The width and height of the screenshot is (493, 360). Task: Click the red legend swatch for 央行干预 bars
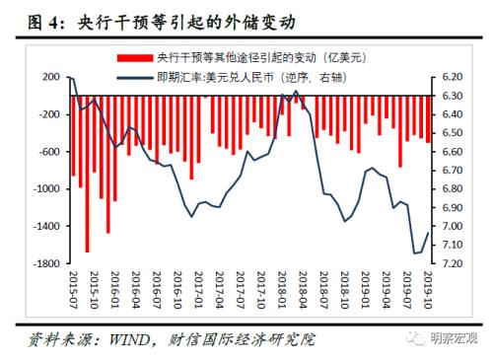point(124,55)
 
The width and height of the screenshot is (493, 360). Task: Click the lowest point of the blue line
point(414,253)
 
